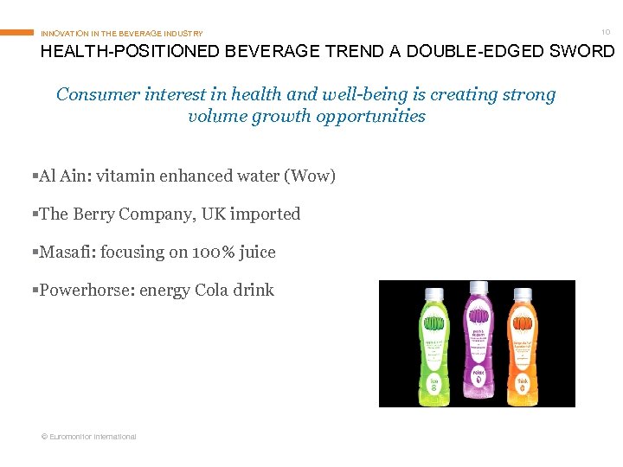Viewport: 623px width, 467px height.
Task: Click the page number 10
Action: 606,32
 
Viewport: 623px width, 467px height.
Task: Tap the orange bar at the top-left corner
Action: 16,33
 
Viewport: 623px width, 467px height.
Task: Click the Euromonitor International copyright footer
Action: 89,437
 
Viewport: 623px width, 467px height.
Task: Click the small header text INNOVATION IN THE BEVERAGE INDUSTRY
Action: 122,34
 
